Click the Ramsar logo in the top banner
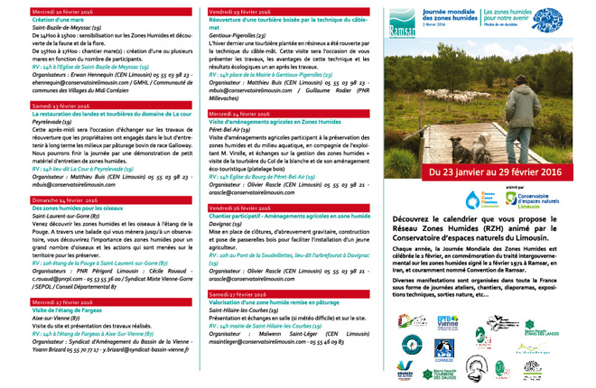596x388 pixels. click(x=406, y=17)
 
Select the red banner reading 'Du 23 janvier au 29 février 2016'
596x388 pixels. click(x=488, y=171)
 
